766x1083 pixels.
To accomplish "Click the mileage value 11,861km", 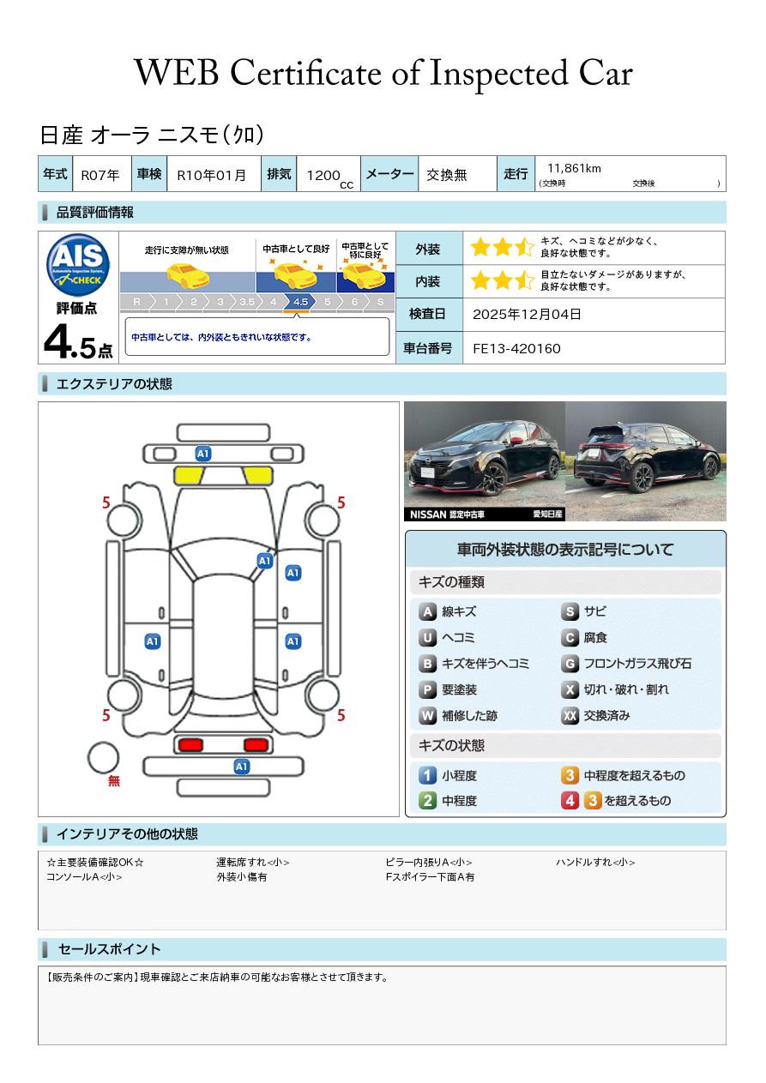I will click(x=574, y=168).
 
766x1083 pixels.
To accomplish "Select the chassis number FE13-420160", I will click(x=516, y=348).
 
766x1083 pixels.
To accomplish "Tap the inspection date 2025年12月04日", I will click(x=527, y=315).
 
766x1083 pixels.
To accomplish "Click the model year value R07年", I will click(x=100, y=175).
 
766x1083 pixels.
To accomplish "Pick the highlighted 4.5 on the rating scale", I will click(x=300, y=302).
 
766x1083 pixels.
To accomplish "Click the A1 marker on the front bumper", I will click(x=203, y=453).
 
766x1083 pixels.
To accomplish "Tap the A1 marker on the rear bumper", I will click(x=242, y=767).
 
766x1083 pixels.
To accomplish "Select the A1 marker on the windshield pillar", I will click(x=264, y=561).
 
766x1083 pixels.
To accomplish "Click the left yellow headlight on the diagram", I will click(x=189, y=475).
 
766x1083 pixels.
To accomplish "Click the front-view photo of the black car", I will click(x=484, y=461).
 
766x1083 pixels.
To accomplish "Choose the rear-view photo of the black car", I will click(x=646, y=461).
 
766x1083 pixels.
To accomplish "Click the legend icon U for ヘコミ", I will click(x=427, y=638).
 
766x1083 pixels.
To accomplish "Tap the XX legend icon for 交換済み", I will click(x=570, y=715).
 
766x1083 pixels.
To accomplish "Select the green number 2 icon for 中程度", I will click(x=427, y=801).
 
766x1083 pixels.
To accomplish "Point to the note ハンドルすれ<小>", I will click(x=595, y=863).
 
